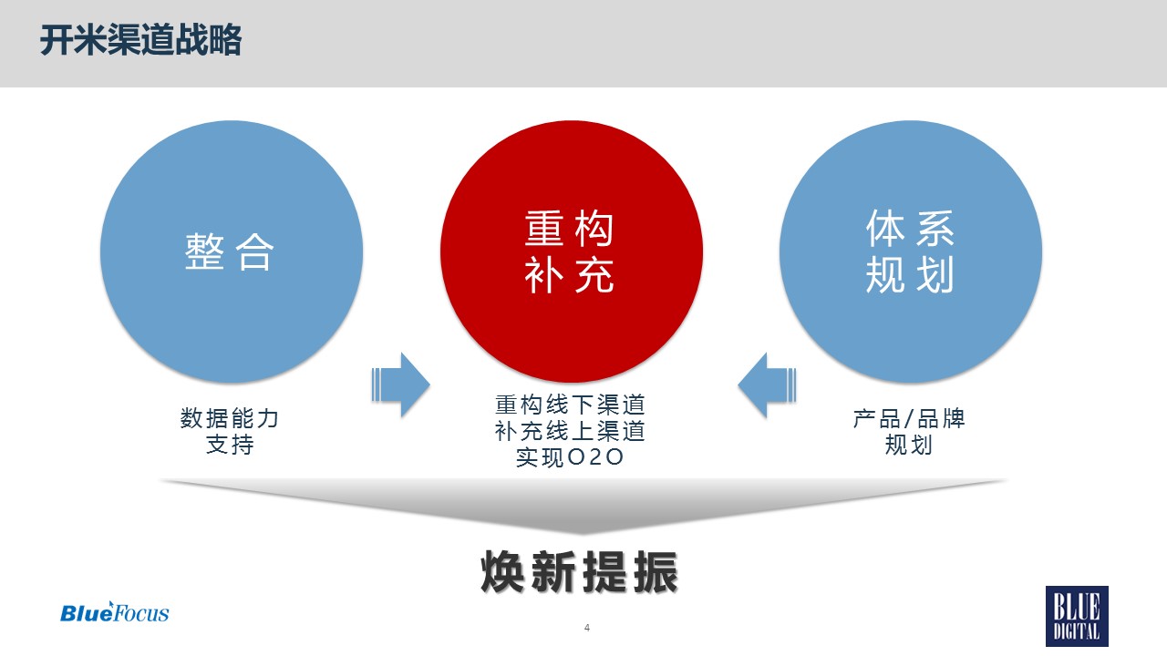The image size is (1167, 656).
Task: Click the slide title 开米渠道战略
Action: coord(140,40)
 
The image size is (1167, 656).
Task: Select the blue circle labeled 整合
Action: coord(232,252)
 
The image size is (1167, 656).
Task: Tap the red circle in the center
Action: coord(571,252)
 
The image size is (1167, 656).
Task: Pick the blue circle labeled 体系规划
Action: coord(911,252)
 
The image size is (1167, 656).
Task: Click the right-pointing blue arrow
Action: coord(400,384)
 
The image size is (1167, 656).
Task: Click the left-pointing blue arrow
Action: coord(767,384)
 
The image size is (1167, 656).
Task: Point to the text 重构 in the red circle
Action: coord(569,229)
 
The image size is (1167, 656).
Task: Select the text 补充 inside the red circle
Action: coord(569,274)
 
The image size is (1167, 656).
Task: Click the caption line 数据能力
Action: coord(230,418)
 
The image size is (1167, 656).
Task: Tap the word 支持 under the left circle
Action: coord(230,444)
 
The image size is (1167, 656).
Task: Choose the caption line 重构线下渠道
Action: coord(570,405)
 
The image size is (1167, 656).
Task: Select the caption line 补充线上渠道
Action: coord(570,431)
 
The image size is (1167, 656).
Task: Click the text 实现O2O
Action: coord(570,457)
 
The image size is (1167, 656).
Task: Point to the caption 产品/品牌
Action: coord(909,418)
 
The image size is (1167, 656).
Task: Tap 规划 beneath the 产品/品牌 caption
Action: coord(909,445)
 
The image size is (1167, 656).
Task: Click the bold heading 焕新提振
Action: coord(579,571)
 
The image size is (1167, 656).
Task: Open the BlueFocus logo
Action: coord(115,612)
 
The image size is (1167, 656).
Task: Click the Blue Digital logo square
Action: coord(1077,616)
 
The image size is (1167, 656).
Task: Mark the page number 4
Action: coord(587,628)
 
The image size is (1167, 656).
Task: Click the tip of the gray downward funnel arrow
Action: coord(582,534)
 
